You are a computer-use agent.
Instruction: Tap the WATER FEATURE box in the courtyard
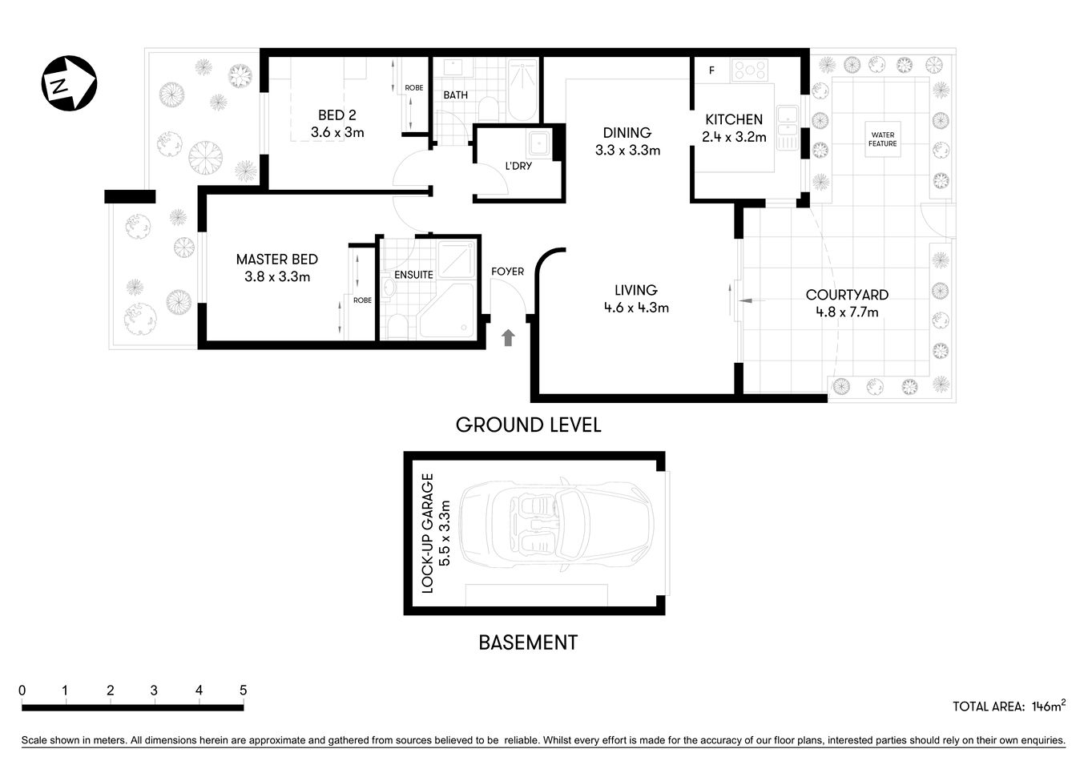point(882,139)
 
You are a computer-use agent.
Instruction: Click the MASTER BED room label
point(276,260)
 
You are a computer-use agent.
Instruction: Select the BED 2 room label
point(336,115)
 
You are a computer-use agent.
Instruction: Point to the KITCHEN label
point(733,119)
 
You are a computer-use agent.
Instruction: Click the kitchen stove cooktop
point(750,70)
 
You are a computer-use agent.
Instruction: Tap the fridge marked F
point(711,70)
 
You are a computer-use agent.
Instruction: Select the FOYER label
point(507,272)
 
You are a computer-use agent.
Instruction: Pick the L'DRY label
point(518,166)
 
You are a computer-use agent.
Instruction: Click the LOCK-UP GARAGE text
point(428,533)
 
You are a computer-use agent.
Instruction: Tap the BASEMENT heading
point(527,642)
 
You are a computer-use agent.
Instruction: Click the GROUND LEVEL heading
point(528,425)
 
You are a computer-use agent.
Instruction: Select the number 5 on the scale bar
point(243,690)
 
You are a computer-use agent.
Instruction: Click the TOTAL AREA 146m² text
point(1008,706)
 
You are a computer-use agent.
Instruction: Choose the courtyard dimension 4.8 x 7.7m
point(847,312)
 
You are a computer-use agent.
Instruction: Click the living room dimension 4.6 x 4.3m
point(636,308)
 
